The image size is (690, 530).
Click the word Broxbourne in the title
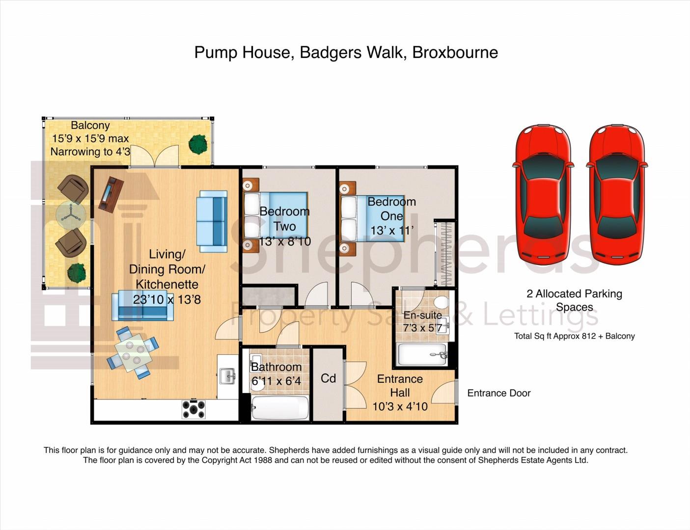(455, 53)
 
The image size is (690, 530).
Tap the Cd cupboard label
(328, 378)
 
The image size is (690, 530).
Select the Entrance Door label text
(498, 393)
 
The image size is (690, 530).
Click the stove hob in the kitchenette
(193, 409)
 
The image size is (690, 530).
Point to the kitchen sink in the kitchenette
(227, 376)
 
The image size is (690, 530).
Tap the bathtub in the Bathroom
(279, 408)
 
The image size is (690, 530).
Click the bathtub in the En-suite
(423, 354)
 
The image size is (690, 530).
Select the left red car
(543, 194)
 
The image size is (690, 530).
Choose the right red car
(617, 194)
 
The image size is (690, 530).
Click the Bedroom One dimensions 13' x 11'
(392, 230)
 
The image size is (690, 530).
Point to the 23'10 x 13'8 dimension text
(166, 299)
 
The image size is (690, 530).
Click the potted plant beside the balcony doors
(198, 144)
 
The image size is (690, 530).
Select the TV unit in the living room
(111, 194)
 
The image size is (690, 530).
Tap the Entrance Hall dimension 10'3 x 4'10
(400, 407)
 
